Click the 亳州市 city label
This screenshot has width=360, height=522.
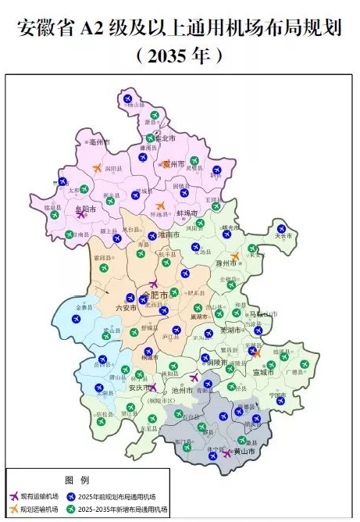pos(99,143)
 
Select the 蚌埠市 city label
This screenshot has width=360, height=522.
pos(187,213)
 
